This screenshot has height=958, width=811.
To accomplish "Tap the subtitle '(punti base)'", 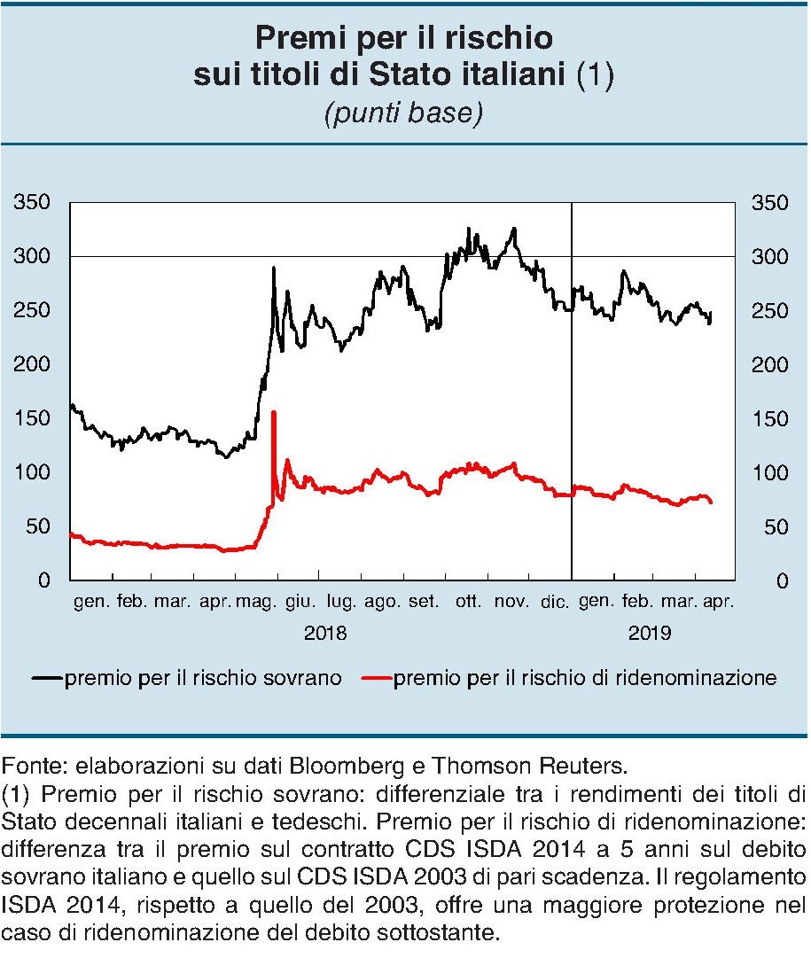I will [404, 115].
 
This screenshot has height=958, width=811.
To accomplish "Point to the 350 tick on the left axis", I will [33, 203].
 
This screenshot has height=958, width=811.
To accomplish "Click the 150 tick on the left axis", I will [33, 418].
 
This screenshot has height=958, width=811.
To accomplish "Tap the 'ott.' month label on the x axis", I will [468, 603].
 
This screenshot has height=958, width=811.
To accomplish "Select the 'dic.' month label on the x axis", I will [554, 603].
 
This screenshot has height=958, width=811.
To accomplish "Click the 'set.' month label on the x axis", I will [423, 603].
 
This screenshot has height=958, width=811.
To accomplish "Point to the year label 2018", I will [326, 634].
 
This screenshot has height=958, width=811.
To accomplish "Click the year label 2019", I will [651, 634].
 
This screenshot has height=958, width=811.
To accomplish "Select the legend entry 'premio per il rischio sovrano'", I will [202, 679].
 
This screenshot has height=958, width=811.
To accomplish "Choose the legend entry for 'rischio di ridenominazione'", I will [585, 679].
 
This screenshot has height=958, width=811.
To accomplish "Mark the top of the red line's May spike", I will [273, 412].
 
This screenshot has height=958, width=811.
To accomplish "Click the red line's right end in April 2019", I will [712, 502].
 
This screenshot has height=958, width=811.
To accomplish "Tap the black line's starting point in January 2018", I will [71, 405].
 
